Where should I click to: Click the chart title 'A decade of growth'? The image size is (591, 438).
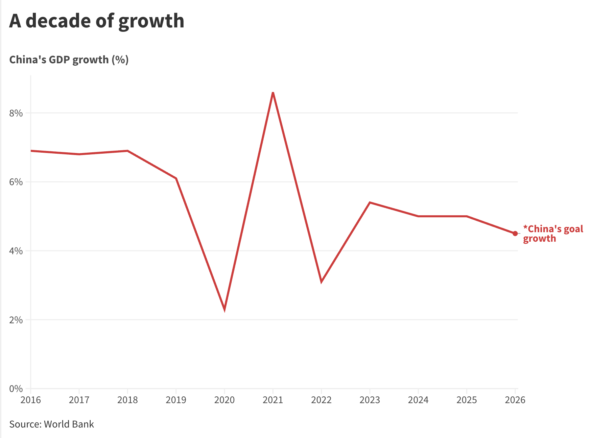[97, 21]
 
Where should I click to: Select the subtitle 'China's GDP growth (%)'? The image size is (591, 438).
[69, 60]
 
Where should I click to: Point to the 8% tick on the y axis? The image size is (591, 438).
[16, 113]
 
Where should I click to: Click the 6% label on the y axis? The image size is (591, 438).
[16, 182]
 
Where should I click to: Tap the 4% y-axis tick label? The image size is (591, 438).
[16, 251]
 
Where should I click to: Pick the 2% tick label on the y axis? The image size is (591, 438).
[16, 320]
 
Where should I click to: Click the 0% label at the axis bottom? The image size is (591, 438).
[16, 389]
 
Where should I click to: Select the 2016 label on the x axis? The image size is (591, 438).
[30, 400]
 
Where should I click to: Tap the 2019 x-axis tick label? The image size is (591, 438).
[176, 400]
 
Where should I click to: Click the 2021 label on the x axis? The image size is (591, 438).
[273, 400]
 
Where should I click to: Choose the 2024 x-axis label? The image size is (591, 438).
[418, 400]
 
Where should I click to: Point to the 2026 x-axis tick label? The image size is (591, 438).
[515, 400]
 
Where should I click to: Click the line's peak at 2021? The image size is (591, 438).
[273, 93]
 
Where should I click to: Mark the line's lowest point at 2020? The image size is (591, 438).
[224, 309]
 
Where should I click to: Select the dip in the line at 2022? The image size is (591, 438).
[321, 281]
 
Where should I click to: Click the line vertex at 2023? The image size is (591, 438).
[370, 202]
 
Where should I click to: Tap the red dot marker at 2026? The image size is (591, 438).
[515, 234]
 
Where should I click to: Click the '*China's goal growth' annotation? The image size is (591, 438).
[552, 234]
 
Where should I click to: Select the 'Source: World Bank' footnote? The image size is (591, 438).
[51, 424]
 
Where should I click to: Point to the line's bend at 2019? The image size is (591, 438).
[176, 178]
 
